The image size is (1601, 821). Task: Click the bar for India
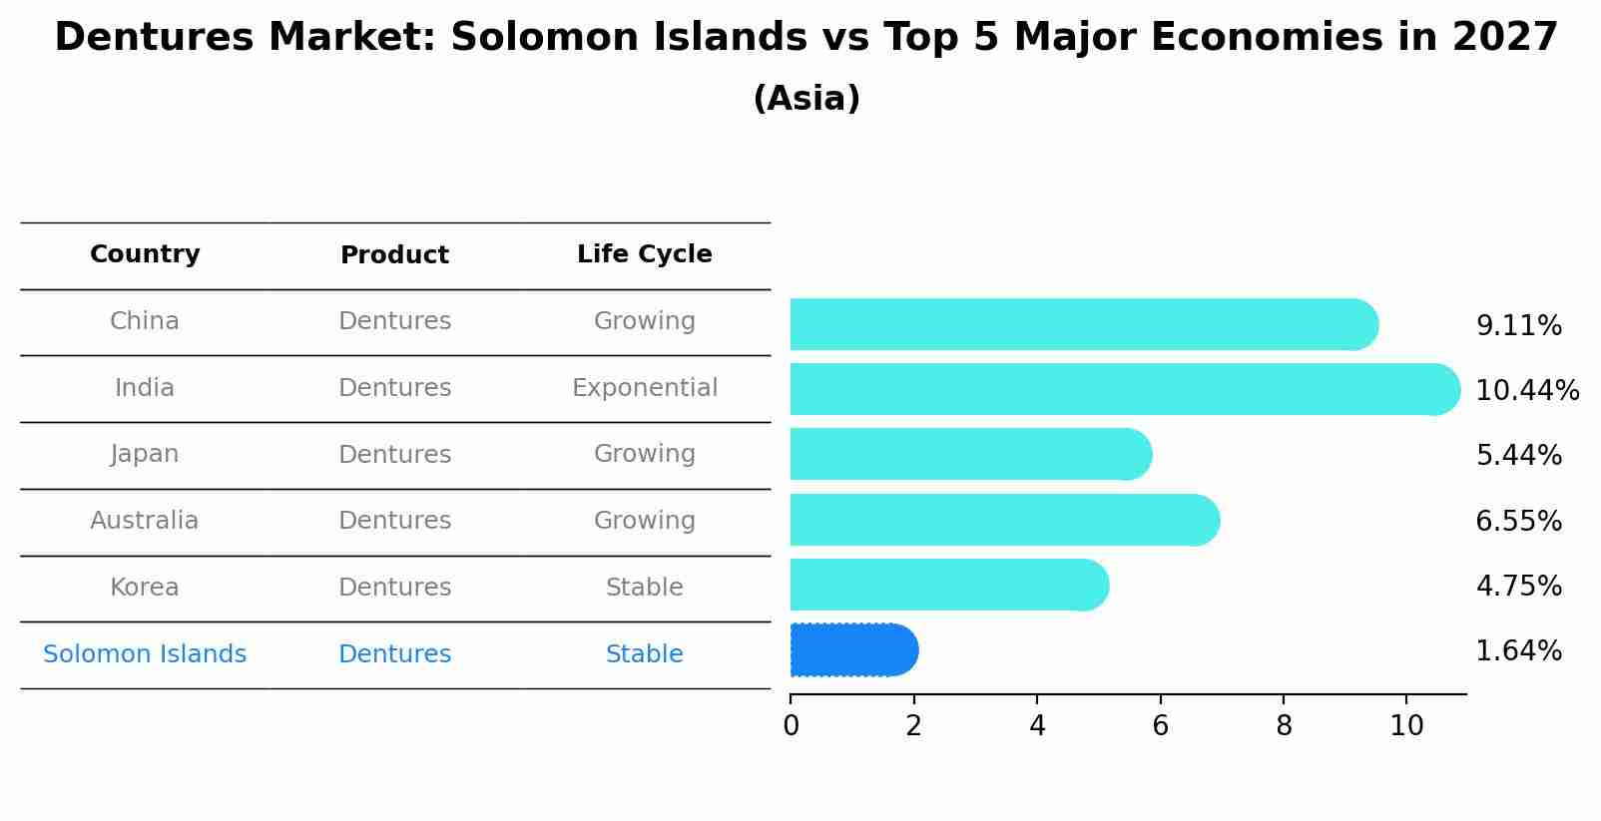point(1123,389)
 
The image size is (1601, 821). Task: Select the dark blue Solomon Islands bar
point(853,650)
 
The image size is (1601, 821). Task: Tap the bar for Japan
point(970,454)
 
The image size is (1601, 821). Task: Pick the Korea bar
point(948,585)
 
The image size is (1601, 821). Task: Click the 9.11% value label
point(1518,326)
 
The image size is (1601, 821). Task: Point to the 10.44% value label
point(1527,390)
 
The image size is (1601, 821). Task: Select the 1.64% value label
point(1518,651)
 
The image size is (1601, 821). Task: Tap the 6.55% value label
point(1518,521)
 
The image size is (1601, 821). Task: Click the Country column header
point(145,254)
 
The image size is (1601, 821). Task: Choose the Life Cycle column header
point(644,254)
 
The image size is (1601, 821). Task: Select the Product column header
point(394,255)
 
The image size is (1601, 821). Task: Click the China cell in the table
point(145,321)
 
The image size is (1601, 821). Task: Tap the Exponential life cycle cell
point(644,388)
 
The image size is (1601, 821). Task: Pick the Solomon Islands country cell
point(145,654)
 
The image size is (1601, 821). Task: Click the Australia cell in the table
point(145,521)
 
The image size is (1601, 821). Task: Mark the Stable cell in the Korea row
point(644,588)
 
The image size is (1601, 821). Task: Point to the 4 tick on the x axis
point(1037,725)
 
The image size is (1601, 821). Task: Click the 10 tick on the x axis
point(1406,725)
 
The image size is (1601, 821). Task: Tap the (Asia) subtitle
point(806,99)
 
